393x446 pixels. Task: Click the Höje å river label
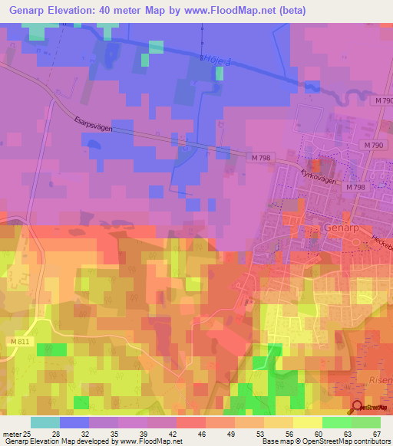216,59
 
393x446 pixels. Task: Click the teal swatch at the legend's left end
45,422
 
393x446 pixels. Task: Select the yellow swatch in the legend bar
308,422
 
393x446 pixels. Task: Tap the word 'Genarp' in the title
28,11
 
